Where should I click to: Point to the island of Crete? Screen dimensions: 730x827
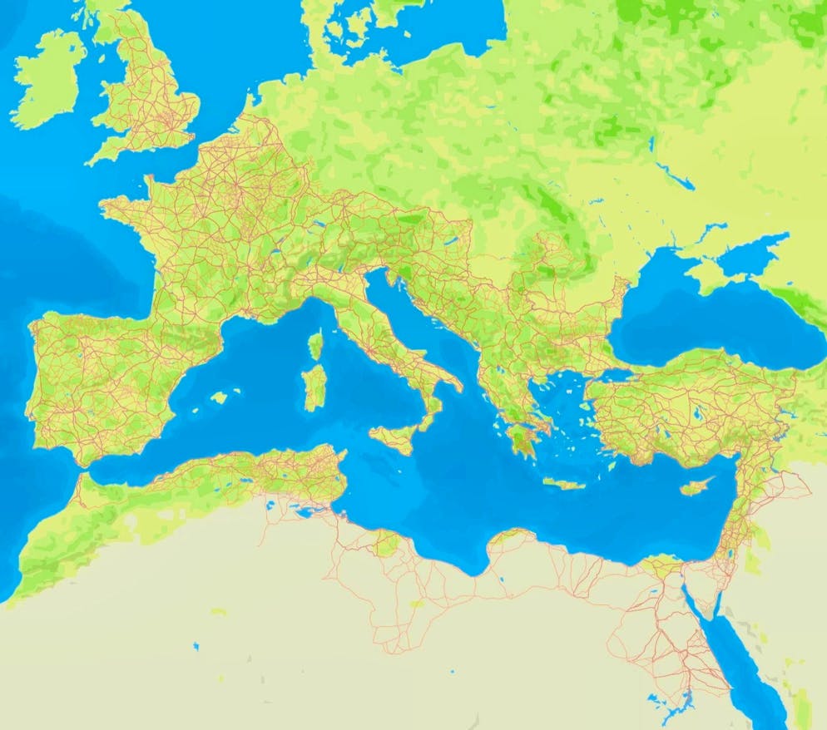tap(565, 483)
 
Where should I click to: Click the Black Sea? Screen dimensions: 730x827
tap(707, 320)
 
